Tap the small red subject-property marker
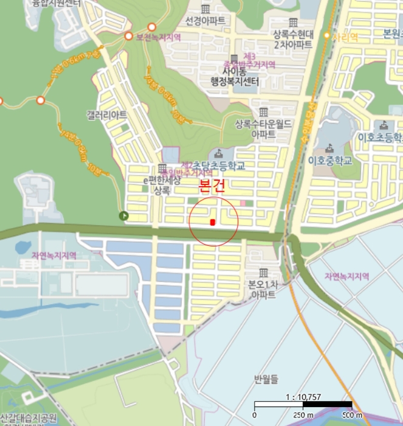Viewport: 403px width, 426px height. point(212,222)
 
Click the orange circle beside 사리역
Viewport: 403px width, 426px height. point(326,36)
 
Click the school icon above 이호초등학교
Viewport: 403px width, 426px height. point(384,125)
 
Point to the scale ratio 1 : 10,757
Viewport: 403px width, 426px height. point(303,397)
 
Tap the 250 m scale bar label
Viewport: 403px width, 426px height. point(302,415)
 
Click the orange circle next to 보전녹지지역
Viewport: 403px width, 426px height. point(129,37)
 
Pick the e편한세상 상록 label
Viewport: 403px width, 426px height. point(162,185)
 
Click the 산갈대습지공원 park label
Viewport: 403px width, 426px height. point(28,418)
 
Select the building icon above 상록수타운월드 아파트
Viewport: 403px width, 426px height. point(263,112)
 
